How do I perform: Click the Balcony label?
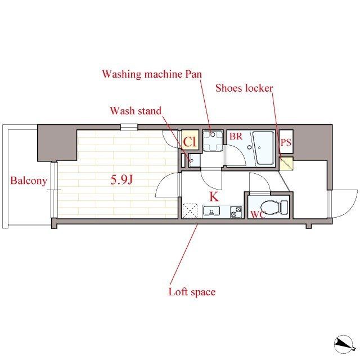(x=29, y=181)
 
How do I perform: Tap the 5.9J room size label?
(x=121, y=179)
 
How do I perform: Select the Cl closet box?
(x=190, y=140)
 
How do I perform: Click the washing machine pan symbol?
(x=213, y=141)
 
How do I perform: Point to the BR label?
(x=236, y=136)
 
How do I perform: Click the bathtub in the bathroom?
(x=264, y=147)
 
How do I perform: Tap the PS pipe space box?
(x=286, y=142)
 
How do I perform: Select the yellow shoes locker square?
(x=286, y=164)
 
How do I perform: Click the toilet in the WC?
(x=274, y=208)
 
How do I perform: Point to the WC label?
(x=258, y=215)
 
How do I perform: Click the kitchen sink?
(x=211, y=211)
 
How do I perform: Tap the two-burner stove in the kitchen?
(x=236, y=211)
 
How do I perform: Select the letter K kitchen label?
(x=214, y=196)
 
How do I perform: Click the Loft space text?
(x=192, y=292)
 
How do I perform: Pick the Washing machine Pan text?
(x=152, y=74)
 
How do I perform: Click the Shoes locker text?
(x=244, y=88)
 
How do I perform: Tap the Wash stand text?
(x=136, y=111)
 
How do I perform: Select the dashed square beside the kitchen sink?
(x=190, y=210)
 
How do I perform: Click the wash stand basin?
(x=194, y=160)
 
